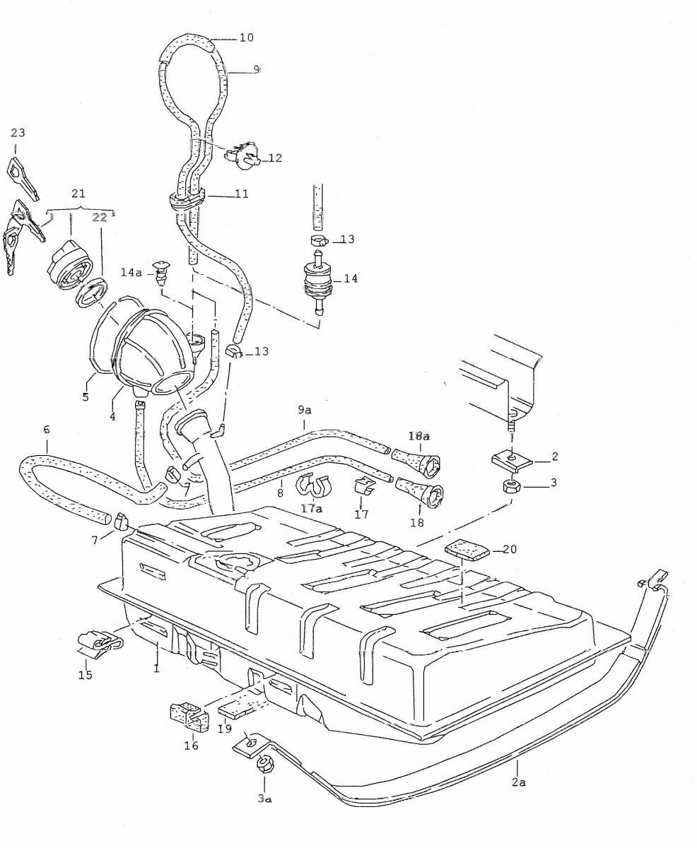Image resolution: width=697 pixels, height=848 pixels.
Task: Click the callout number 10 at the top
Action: (246, 37)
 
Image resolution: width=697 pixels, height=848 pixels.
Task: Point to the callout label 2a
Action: (519, 782)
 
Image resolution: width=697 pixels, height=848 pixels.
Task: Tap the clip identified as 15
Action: (98, 641)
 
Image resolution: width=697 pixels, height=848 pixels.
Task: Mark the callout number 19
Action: (225, 729)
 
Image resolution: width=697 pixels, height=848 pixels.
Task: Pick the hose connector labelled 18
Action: (421, 493)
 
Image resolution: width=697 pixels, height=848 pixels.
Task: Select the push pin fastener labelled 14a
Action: (165, 268)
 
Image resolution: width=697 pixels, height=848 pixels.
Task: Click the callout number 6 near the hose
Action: (46, 429)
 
